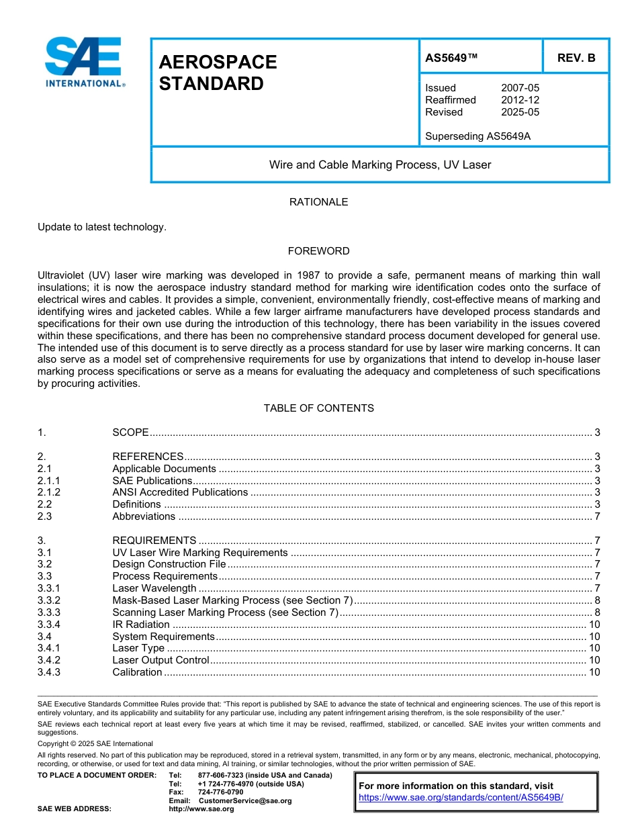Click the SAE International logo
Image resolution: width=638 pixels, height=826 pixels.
click(84, 62)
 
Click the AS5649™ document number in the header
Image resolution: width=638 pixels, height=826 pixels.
click(451, 58)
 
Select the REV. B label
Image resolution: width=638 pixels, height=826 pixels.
click(576, 58)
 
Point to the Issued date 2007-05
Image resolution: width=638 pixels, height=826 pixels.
click(520, 88)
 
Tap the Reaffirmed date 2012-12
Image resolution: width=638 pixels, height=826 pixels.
click(520, 100)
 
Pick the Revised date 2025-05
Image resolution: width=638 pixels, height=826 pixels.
click(520, 112)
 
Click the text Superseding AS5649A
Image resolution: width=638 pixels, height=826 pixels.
click(477, 136)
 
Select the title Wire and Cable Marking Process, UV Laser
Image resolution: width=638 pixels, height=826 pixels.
click(380, 165)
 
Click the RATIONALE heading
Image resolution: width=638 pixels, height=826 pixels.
click(318, 202)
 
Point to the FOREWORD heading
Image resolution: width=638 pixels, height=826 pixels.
click(318, 251)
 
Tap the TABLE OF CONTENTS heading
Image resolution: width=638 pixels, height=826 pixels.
click(318, 408)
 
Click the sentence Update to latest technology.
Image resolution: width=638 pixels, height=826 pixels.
click(101, 227)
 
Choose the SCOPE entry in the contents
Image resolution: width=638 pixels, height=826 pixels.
click(130, 432)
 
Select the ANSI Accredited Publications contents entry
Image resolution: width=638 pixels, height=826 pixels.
click(180, 492)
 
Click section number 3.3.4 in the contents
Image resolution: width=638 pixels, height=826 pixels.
click(49, 625)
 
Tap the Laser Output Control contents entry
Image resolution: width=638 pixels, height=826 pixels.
click(161, 660)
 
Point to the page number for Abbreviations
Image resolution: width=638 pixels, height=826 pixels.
click(597, 516)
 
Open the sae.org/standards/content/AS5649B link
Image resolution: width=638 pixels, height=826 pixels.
click(461, 797)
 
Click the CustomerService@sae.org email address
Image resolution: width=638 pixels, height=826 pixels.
click(245, 800)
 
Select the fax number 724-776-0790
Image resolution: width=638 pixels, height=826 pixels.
click(220, 792)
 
